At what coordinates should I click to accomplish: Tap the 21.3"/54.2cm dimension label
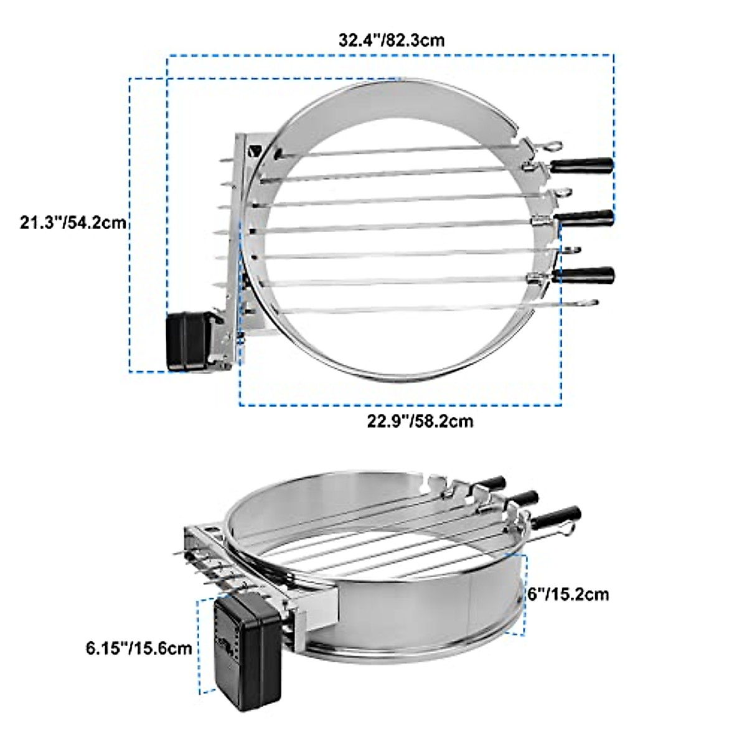[x=73, y=222]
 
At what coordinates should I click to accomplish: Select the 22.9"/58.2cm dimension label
[x=420, y=421]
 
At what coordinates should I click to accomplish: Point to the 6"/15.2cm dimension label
[x=568, y=594]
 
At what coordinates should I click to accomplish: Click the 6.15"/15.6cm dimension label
[x=139, y=648]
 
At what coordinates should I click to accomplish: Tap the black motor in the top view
[x=187, y=342]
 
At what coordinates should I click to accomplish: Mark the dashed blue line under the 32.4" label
[x=391, y=55]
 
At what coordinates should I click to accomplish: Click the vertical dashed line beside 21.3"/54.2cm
[x=129, y=224]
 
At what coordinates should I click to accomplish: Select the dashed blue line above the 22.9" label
[x=401, y=405]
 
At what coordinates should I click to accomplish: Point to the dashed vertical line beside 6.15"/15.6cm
[x=199, y=647]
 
